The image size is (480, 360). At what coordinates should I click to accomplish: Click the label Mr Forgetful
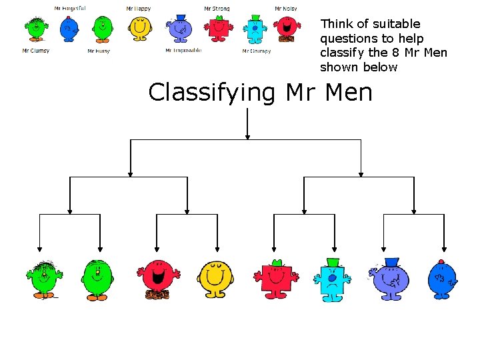point(69,8)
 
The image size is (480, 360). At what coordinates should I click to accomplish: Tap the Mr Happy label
point(139,9)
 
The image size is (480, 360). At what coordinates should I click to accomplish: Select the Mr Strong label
point(217,9)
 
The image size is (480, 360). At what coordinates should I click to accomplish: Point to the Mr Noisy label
point(286,9)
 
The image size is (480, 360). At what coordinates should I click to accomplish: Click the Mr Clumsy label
point(35,51)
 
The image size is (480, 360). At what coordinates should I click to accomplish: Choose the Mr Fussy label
point(99,51)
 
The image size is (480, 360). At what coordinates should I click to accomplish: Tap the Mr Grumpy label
point(257,51)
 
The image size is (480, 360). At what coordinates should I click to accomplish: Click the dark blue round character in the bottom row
point(442,279)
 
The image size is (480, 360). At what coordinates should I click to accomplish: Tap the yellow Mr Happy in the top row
point(140,29)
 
